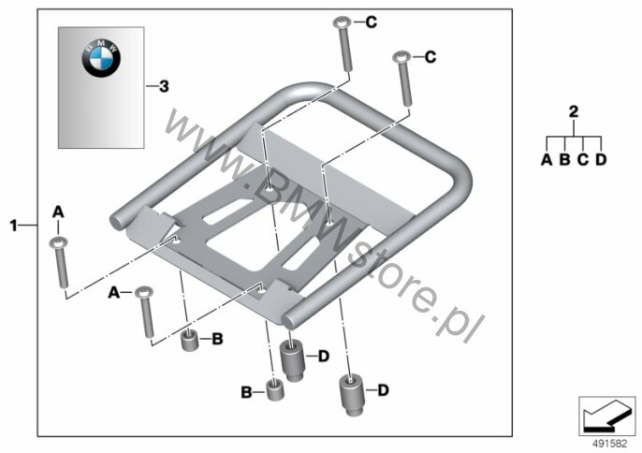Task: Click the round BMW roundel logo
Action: pyautogui.click(x=101, y=59)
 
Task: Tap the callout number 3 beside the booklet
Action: pyautogui.click(x=164, y=86)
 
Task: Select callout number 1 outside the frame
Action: pyautogui.click(x=14, y=226)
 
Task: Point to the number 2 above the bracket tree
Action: pyautogui.click(x=574, y=111)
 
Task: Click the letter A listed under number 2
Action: pyautogui.click(x=547, y=159)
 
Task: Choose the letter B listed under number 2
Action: pyautogui.click(x=564, y=159)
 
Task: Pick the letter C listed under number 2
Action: pyautogui.click(x=583, y=159)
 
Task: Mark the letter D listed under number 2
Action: pyautogui.click(x=601, y=159)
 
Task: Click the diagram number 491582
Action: pyautogui.click(x=610, y=444)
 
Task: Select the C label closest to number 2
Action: pyautogui.click(x=430, y=57)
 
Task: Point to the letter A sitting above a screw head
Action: pyautogui.click(x=58, y=212)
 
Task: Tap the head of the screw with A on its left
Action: pyautogui.click(x=144, y=292)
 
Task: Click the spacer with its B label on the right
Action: pyautogui.click(x=190, y=341)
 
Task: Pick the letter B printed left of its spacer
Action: pyautogui.click(x=246, y=392)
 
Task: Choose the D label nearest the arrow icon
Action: pyautogui.click(x=383, y=390)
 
